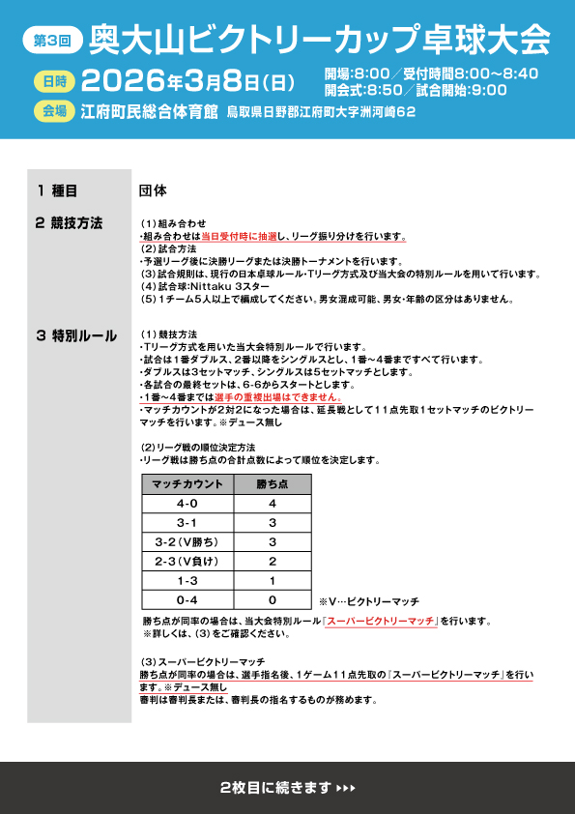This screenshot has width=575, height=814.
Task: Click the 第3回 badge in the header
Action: click(50, 41)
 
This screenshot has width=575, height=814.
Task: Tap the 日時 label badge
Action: click(54, 80)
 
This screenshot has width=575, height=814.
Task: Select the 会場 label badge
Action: click(54, 111)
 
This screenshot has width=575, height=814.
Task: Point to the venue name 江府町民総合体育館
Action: click(150, 111)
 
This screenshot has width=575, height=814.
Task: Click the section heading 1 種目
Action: click(57, 190)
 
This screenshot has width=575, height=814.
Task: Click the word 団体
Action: click(154, 190)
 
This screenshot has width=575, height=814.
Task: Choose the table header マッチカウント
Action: click(188, 484)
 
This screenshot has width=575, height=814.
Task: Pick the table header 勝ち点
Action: click(273, 484)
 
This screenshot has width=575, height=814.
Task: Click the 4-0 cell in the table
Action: click(188, 504)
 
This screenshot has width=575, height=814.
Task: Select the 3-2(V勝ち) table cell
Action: click(188, 541)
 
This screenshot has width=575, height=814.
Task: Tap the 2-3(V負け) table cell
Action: click(188, 561)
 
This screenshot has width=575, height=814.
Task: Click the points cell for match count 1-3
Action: click(273, 580)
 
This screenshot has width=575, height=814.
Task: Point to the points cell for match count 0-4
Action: click(273, 599)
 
